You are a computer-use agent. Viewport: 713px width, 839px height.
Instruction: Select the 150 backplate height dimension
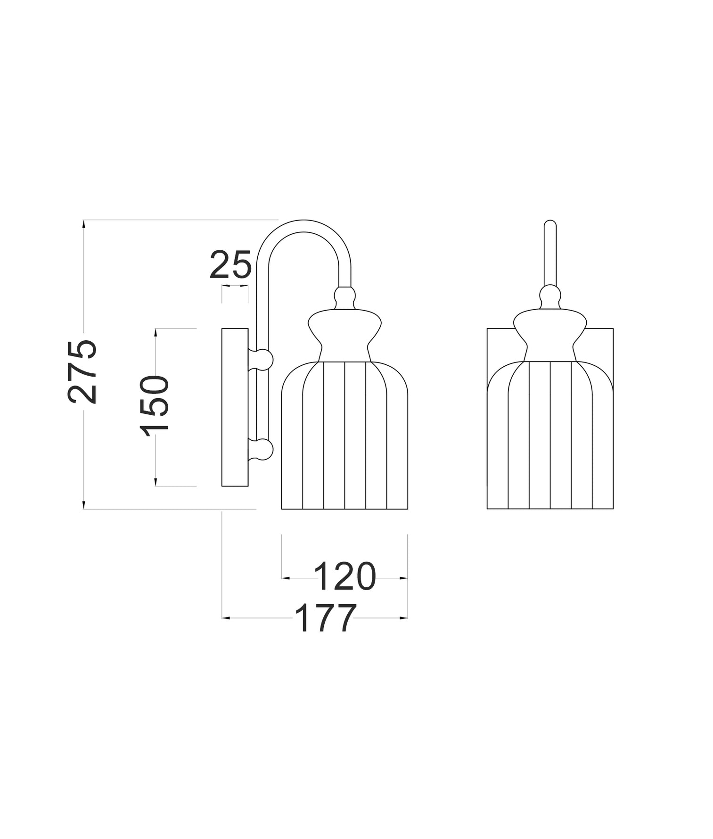[x=155, y=405]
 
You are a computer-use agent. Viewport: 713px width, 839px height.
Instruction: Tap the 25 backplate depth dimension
[x=230, y=265]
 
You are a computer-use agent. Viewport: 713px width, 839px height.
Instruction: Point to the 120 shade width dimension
[x=344, y=576]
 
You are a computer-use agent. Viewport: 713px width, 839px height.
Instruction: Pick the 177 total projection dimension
[x=325, y=617]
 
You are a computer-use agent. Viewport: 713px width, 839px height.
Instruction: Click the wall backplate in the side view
[x=235, y=407]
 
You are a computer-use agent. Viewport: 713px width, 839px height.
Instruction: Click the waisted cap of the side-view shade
[x=344, y=332]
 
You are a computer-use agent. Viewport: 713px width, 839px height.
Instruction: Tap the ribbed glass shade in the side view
[x=344, y=438]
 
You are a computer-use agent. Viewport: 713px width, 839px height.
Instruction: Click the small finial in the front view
[x=550, y=297]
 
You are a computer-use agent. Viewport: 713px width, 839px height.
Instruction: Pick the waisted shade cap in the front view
[x=550, y=332]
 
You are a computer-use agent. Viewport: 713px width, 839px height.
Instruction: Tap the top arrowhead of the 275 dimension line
[x=84, y=224]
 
